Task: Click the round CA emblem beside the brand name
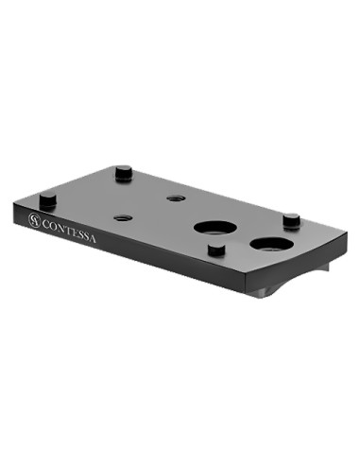[34, 220]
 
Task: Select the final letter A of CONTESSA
[92, 239]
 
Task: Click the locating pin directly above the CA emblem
[48, 201]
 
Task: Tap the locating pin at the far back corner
[124, 173]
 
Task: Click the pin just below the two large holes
[216, 250]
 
